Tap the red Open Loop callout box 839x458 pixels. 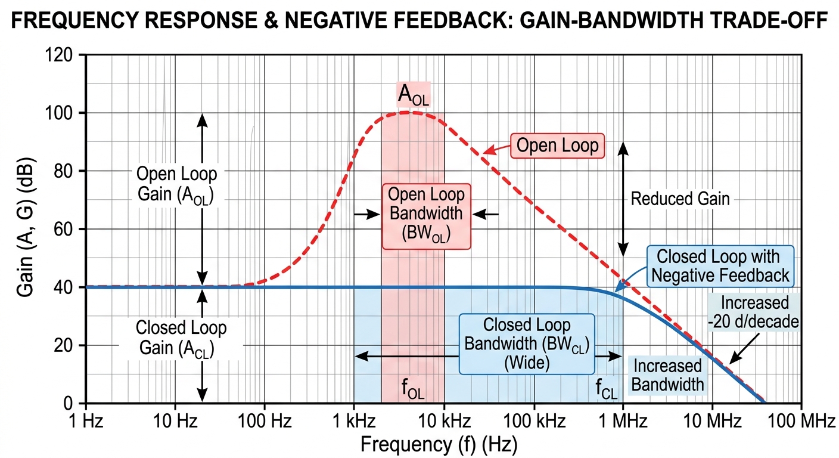(557, 145)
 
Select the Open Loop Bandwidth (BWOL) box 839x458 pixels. (425, 215)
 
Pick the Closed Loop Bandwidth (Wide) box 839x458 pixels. (526, 343)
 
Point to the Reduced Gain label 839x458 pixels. (680, 199)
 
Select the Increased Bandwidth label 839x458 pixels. (667, 375)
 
